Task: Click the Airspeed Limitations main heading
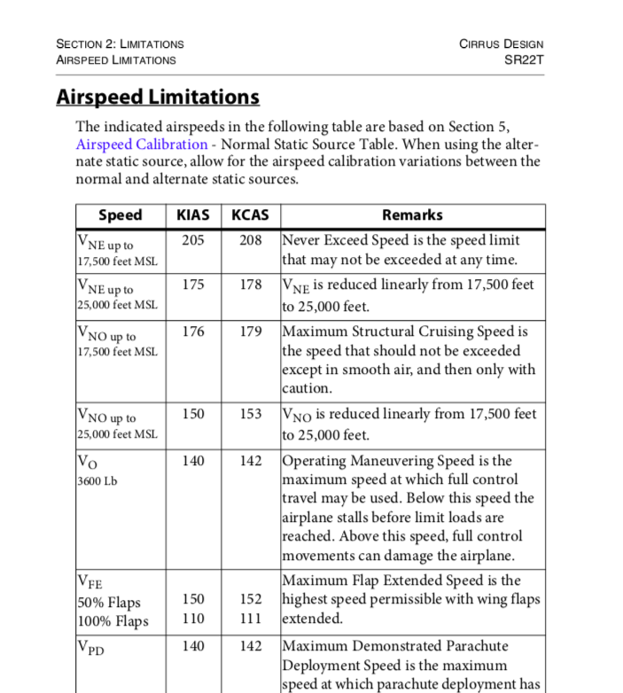(x=158, y=97)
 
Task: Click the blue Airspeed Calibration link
(x=142, y=144)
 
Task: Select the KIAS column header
(x=193, y=215)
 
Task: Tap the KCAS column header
(x=250, y=215)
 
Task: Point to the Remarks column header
(x=412, y=215)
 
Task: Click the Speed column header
(x=120, y=215)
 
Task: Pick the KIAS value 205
(x=193, y=240)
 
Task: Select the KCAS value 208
(x=251, y=240)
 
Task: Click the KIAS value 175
(x=193, y=284)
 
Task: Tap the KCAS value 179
(x=251, y=331)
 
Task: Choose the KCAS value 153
(x=251, y=414)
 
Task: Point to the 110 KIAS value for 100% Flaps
(x=193, y=619)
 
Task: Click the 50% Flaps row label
(x=110, y=602)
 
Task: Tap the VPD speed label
(x=91, y=648)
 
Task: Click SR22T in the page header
(x=524, y=59)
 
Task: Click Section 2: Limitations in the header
(x=120, y=43)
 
